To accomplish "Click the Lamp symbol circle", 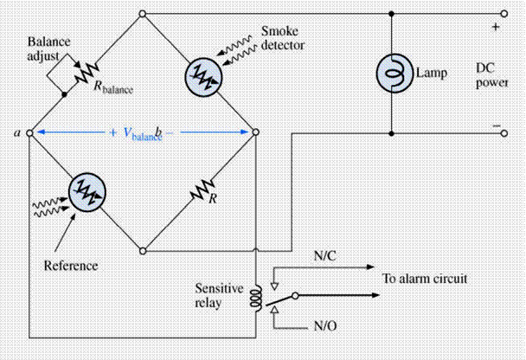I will (x=393, y=73).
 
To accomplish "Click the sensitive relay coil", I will (x=255, y=297).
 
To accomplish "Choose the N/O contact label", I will (x=324, y=329).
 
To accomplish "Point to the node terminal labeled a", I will (x=29, y=133).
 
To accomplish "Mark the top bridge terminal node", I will (x=143, y=14).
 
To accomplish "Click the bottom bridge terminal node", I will (x=143, y=251).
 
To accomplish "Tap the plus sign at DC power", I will (x=496, y=27).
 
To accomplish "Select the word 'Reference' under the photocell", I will (x=70, y=264).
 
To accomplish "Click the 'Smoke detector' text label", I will (x=281, y=35).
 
